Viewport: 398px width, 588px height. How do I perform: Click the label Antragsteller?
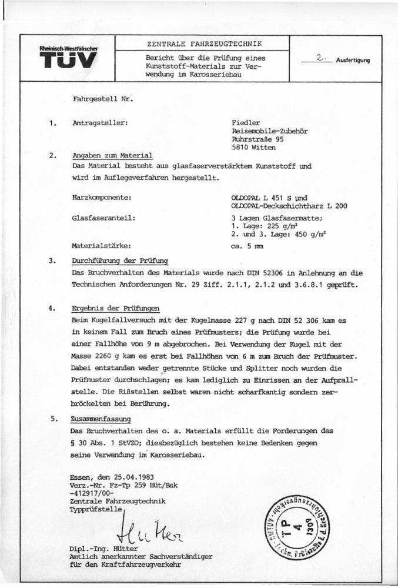(99, 123)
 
